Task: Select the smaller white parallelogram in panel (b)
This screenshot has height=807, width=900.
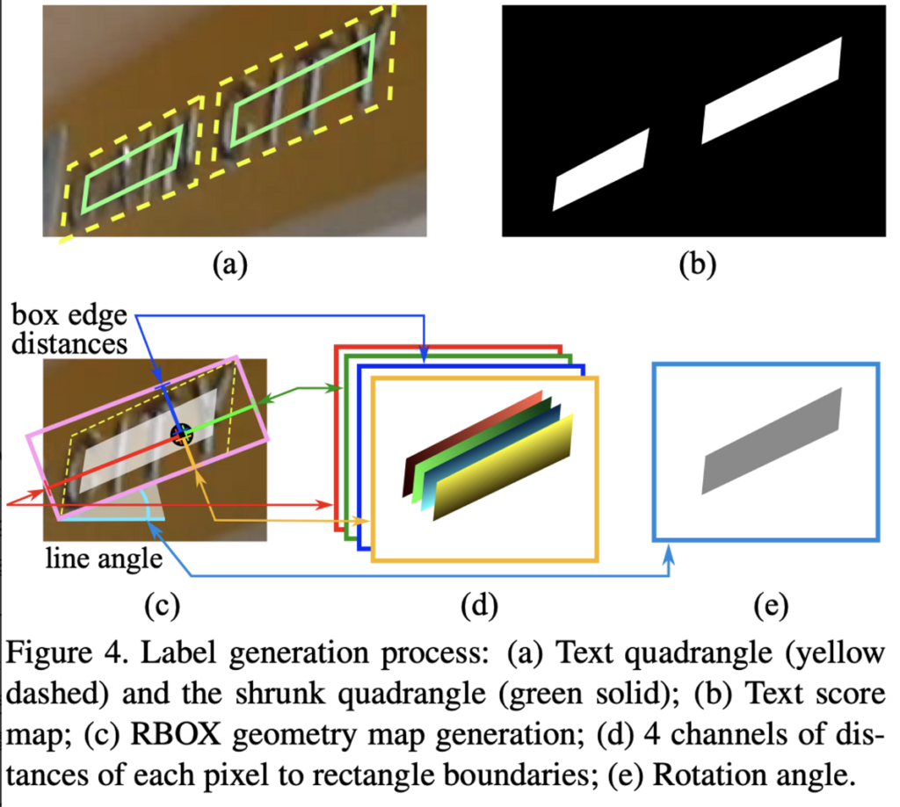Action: [600, 170]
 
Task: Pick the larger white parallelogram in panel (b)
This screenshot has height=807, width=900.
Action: [772, 90]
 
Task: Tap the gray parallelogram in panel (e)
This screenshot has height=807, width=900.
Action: [772, 440]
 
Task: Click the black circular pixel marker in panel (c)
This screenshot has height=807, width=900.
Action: [180, 433]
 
